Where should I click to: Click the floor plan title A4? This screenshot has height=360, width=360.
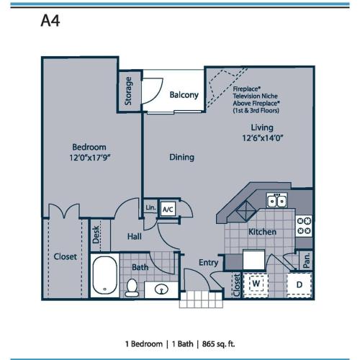click(x=50, y=19)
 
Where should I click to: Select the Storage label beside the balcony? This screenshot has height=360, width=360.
click(x=128, y=91)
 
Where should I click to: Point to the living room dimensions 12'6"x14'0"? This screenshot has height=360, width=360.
click(x=256, y=140)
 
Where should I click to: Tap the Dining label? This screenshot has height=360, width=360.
click(x=181, y=156)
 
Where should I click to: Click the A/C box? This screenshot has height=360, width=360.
click(x=168, y=209)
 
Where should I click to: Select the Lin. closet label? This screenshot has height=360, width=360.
click(x=150, y=208)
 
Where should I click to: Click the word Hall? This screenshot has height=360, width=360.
click(x=135, y=235)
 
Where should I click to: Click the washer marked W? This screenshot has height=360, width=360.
click(x=256, y=284)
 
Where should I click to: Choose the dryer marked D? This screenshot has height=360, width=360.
click(x=299, y=284)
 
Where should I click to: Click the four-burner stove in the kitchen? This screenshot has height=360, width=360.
click(x=305, y=226)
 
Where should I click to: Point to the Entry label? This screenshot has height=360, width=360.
click(x=208, y=263)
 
